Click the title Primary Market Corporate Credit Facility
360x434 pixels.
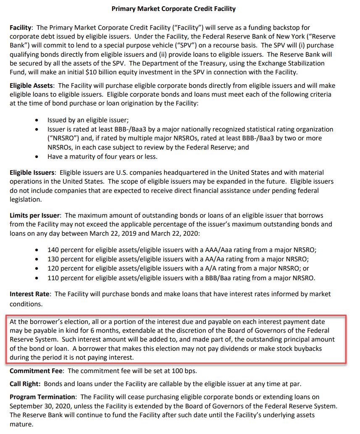point(173,8)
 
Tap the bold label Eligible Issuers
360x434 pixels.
point(32,173)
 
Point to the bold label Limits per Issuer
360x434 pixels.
point(35,216)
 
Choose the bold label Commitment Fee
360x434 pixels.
point(37,371)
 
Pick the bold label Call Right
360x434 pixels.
point(25,384)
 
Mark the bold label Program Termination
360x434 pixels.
point(42,397)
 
